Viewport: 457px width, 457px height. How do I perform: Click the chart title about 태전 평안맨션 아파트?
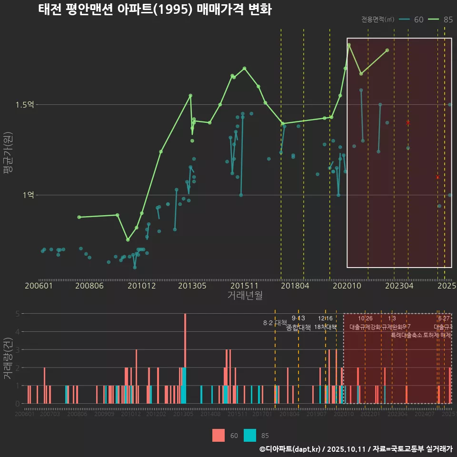coord(155,10)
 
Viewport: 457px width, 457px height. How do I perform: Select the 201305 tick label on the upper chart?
coord(192,286)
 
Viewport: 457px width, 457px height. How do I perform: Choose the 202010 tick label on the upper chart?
coord(346,286)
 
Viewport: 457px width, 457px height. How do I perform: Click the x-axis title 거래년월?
coord(245,296)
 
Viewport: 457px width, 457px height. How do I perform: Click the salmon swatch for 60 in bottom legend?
coord(219,435)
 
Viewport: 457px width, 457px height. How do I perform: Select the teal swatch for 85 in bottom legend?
coord(250,435)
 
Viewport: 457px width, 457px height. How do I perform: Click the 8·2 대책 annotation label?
coord(275,323)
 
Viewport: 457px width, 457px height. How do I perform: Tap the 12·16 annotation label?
coord(325,318)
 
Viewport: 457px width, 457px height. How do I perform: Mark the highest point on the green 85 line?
coord(349,45)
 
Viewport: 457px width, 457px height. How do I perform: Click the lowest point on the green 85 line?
coord(128,240)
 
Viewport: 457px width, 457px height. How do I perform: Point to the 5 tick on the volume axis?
coord(17,314)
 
